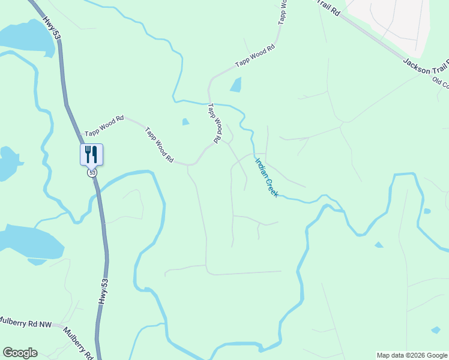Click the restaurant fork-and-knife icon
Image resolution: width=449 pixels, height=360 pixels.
pos(91,154)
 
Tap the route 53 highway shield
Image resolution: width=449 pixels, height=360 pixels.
pos(91,173)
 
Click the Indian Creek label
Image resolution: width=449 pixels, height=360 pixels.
pos(267,178)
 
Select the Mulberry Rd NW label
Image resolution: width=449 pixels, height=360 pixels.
pos(26,323)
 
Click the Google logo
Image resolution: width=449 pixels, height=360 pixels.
pos(20,353)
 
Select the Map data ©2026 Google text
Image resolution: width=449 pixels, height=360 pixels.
pos(412,355)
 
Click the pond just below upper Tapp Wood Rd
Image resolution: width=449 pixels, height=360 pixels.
pos(236,85)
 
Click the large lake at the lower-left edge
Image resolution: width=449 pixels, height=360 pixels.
pos(30,242)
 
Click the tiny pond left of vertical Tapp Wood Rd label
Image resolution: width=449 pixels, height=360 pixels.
pos(185,122)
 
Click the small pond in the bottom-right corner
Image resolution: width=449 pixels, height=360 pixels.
pos(436,329)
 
